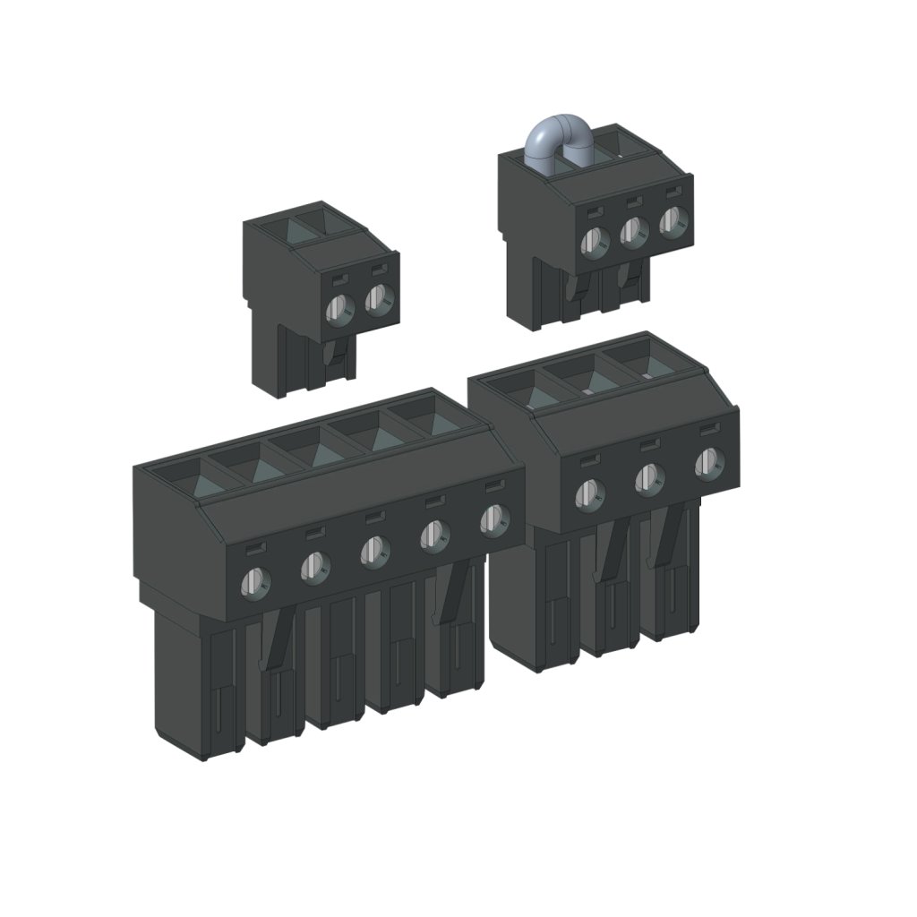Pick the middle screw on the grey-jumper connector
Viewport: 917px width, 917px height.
click(x=633, y=232)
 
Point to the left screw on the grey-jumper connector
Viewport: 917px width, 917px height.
click(x=594, y=240)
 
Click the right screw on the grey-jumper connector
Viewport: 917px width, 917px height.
click(x=673, y=223)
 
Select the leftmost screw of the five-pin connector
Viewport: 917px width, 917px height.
click(x=254, y=584)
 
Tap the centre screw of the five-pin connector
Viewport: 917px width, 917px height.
click(x=374, y=551)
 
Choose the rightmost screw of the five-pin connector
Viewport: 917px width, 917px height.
click(x=493, y=518)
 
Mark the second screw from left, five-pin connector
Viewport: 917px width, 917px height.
click(x=314, y=567)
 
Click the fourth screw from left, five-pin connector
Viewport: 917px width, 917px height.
click(x=434, y=535)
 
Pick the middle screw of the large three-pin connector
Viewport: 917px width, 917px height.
click(x=649, y=479)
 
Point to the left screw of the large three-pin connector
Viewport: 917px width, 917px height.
click(x=589, y=493)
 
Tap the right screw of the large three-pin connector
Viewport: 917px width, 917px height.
click(x=709, y=464)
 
